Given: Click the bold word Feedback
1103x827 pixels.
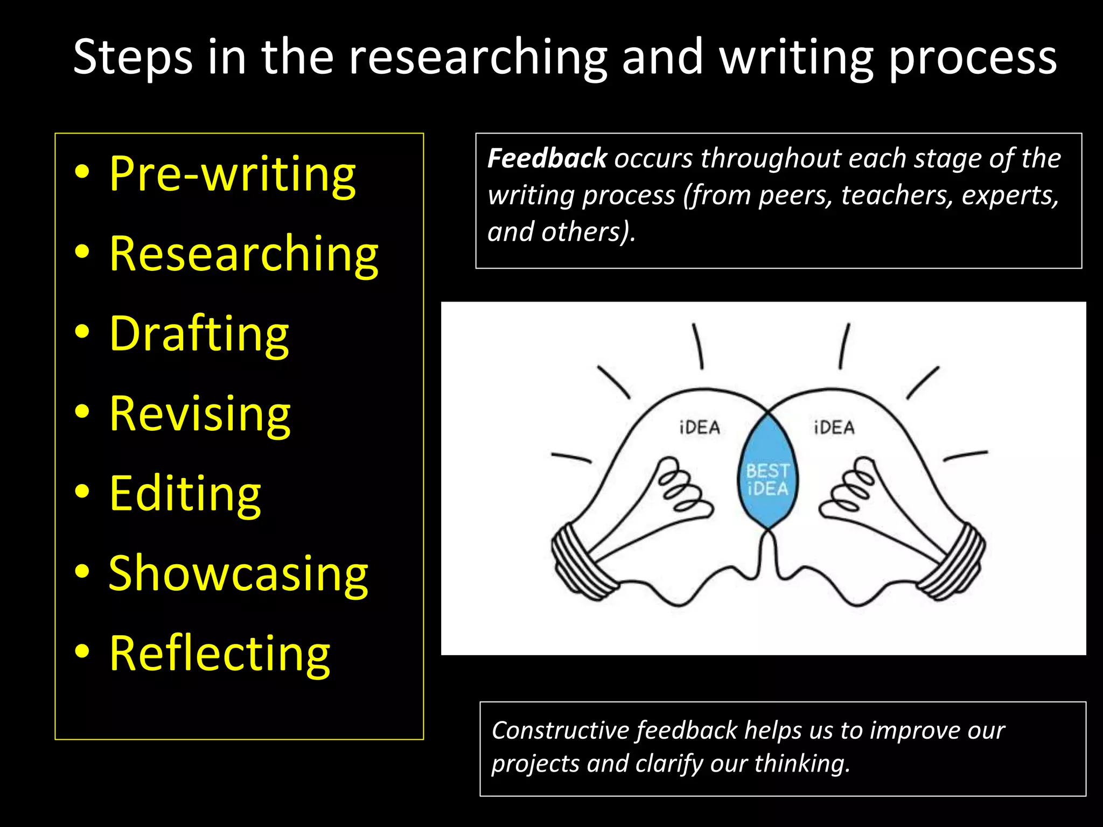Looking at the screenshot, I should [547, 158].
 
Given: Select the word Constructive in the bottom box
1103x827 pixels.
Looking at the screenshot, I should [560, 731].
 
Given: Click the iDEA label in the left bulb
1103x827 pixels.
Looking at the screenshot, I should [700, 427].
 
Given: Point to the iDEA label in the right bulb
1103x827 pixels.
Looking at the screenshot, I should [834, 427].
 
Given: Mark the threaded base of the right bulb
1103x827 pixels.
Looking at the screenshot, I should [953, 563].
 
